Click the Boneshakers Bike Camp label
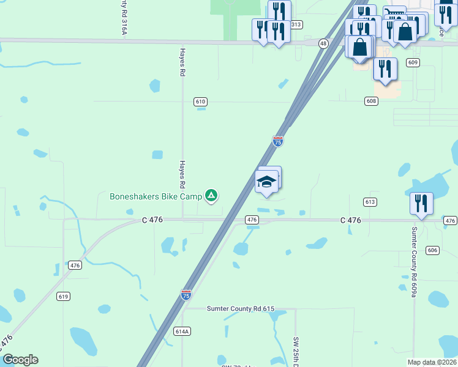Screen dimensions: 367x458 (156, 196)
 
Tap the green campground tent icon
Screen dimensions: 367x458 (211, 196)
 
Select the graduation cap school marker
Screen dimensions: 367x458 (266, 182)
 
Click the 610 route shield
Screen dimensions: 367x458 (200, 102)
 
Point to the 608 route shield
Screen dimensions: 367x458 (371, 101)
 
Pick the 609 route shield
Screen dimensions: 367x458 (413, 62)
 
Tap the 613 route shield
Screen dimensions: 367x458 (369, 202)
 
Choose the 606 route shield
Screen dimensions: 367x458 (433, 250)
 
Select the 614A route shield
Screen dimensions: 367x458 (182, 332)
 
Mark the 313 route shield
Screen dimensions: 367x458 (296, 24)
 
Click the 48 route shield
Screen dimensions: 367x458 (323, 43)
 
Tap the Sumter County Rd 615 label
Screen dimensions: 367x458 (241, 309)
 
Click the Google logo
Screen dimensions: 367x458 (20, 360)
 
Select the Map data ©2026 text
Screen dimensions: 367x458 (432, 362)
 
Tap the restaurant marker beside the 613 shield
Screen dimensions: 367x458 (421, 204)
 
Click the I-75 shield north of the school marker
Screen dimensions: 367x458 (278, 141)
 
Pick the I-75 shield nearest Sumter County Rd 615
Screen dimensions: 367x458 (186, 295)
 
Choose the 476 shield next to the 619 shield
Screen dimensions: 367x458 (75, 265)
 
